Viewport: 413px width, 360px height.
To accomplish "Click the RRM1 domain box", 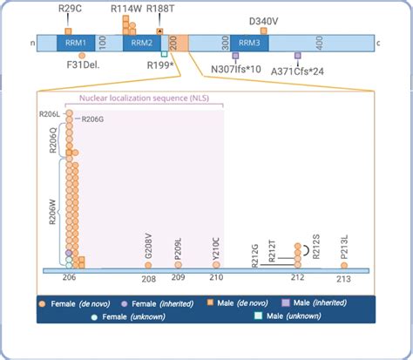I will pyautogui.click(x=71, y=42).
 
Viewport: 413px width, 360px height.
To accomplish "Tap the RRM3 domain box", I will pyautogui.click(x=249, y=42).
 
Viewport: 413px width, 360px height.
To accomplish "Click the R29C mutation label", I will pyautogui.click(x=71, y=9).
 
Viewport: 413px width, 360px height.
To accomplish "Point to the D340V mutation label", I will pyautogui.click(x=264, y=20).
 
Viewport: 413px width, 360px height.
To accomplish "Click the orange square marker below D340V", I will pyautogui.click(x=264, y=31).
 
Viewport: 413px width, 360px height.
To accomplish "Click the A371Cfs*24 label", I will pyautogui.click(x=295, y=70).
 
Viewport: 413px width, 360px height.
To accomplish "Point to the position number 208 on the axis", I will pyautogui.click(x=149, y=279).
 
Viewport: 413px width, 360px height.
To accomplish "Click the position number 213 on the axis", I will pyautogui.click(x=343, y=279).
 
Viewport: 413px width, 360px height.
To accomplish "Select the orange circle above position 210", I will pyautogui.click(x=216, y=265).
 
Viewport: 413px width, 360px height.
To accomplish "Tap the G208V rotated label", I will pyautogui.click(x=149, y=247).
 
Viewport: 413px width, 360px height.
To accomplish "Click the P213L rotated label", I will pyautogui.click(x=343, y=248).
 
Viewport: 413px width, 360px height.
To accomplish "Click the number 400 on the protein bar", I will pyautogui.click(x=319, y=42).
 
